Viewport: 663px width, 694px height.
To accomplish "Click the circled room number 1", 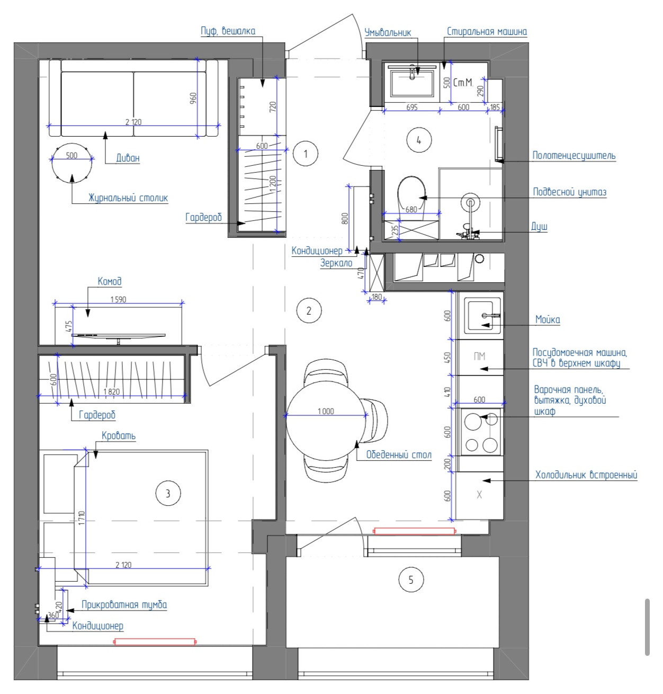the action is coord(305,154).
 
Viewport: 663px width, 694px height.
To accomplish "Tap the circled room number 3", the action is coord(168,494).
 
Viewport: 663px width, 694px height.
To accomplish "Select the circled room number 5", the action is coord(410,580).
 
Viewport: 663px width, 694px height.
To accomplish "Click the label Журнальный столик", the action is coord(128,198).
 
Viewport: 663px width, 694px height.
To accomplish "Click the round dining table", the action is coord(326,420).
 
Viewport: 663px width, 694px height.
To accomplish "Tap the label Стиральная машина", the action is coord(487,32).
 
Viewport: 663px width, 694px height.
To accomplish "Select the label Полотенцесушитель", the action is coord(574,156).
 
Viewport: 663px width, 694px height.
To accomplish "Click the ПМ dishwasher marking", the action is coord(479,357).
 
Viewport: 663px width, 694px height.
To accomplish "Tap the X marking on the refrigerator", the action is coord(479,495).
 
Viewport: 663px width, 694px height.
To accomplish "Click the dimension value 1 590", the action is coord(118,299).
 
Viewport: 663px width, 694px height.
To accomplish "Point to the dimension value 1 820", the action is coord(112,392).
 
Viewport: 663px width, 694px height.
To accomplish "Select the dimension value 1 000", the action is coord(326,412).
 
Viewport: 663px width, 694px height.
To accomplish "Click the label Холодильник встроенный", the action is coord(586,475).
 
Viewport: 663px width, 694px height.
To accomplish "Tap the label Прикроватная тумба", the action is coord(124,605).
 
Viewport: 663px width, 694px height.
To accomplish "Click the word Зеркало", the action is coord(336,263).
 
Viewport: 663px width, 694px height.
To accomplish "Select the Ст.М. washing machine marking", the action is coord(463,83).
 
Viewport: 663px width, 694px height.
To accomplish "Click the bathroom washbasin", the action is coord(412,83).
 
